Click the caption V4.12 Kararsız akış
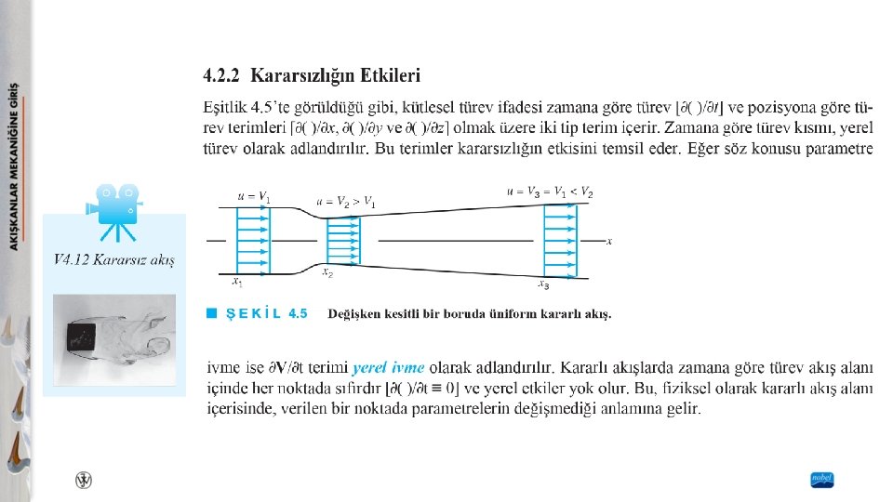click(114, 259)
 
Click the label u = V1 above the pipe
click(253, 197)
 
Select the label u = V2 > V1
click(345, 202)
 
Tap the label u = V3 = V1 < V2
click(549, 192)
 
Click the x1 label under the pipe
click(237, 281)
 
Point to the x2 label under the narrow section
click(327, 272)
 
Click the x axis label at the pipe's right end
click(608, 242)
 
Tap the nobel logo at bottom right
click(821, 480)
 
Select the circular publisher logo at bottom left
click(85, 480)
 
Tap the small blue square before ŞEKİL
click(211, 313)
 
